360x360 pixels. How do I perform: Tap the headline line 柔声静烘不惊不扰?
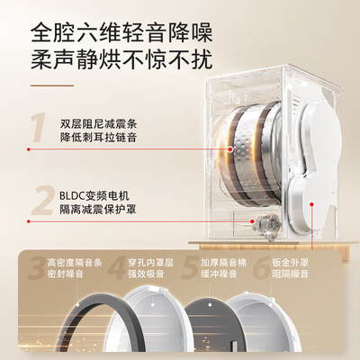pyautogui.click(x=121, y=58)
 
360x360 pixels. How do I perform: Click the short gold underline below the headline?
pyautogui.click(x=52, y=85)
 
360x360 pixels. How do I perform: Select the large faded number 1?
pyautogui.click(x=39, y=127)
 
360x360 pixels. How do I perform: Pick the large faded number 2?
pyautogui.click(x=43, y=200)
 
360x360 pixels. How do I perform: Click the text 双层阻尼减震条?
pyautogui.click(x=98, y=124)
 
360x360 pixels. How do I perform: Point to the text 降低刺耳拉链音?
pyautogui.click(x=98, y=138)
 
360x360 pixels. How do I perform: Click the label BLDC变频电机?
pyautogui.click(x=94, y=196)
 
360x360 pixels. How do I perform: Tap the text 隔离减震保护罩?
pyautogui.click(x=98, y=210)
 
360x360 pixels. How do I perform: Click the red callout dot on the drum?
pyautogui.click(x=230, y=148)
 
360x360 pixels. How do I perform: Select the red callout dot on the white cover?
pyautogui.click(x=311, y=204)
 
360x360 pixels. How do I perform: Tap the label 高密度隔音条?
pyautogui.click(x=75, y=263)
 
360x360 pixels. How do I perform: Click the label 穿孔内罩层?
pyautogui.click(x=150, y=263)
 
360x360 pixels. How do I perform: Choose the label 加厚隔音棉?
pyautogui.click(x=224, y=263)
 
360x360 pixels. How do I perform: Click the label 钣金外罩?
pyautogui.click(x=291, y=263)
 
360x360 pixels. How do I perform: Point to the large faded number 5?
pyautogui.click(x=189, y=268)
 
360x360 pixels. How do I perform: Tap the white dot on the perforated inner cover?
pyautogui.click(x=153, y=304)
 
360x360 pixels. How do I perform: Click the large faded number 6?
pyautogui.click(x=261, y=268)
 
